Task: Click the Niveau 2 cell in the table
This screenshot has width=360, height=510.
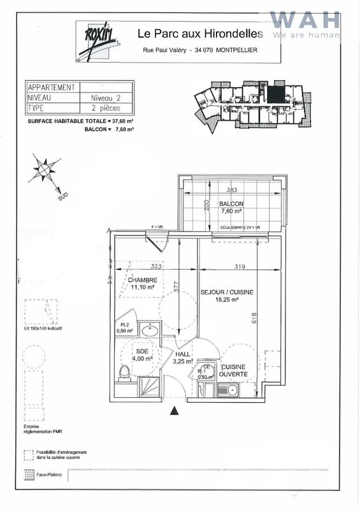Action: click(x=108, y=98)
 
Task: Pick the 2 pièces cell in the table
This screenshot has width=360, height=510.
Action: click(x=108, y=108)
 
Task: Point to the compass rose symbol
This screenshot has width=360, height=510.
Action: click(x=44, y=168)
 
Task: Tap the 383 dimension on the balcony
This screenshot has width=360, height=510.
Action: click(x=232, y=190)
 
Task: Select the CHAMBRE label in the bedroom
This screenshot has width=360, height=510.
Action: click(x=142, y=280)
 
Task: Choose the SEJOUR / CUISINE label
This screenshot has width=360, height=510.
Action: click(x=227, y=292)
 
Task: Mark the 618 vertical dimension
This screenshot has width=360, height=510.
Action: click(x=254, y=317)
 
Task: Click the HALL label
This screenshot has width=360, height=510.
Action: click(x=184, y=354)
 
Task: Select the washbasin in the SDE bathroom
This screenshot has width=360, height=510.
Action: click(x=151, y=330)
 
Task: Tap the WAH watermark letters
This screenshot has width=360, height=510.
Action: click(x=305, y=20)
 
